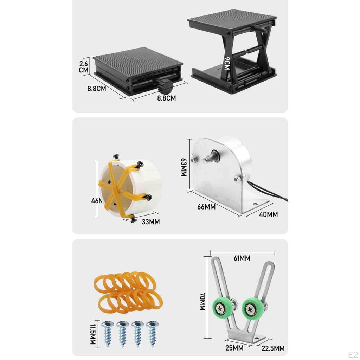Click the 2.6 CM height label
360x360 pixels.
84,66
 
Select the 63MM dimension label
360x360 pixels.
184,167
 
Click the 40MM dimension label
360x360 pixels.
268,214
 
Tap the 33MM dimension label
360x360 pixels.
150,222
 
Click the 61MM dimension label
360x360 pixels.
242,258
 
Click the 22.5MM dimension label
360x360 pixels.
273,348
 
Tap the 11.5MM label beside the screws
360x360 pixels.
93,332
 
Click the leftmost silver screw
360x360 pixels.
107,333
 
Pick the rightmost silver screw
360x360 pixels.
153,333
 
